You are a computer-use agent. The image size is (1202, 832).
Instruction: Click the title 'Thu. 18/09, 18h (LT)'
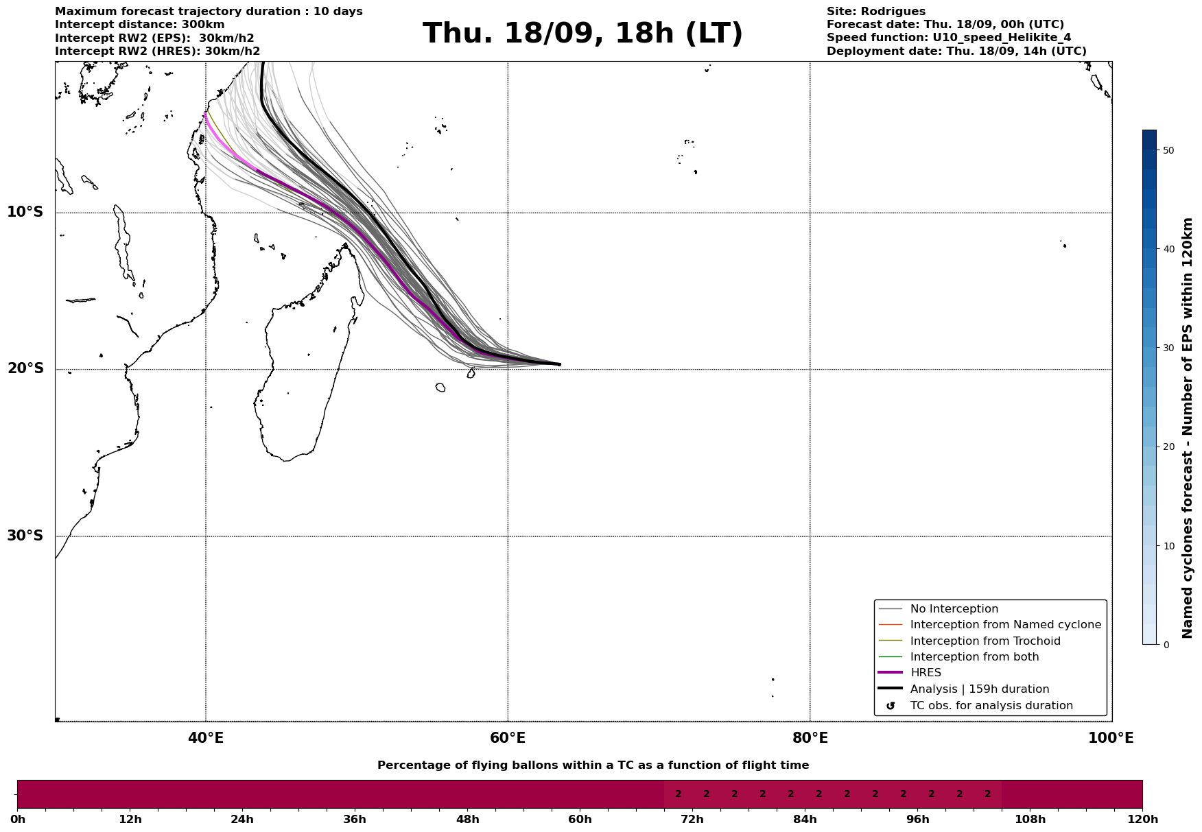[582, 34]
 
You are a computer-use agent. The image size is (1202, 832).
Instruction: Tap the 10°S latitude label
[25, 212]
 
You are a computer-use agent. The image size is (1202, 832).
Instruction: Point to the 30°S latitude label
[25, 536]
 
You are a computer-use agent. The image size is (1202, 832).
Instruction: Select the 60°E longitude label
[508, 738]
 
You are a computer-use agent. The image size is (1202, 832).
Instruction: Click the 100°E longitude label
[1111, 738]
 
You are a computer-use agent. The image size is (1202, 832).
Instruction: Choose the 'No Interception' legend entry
[954, 609]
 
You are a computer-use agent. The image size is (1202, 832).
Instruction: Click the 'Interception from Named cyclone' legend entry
[1005, 625]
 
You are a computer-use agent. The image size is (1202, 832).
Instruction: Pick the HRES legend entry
[926, 673]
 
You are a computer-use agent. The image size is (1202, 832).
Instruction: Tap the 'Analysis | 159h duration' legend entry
[979, 689]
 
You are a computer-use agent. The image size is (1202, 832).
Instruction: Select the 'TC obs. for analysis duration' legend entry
[991, 706]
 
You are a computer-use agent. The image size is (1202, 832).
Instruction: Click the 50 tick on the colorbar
[1169, 150]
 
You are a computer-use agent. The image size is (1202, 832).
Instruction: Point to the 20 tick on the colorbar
[1169, 447]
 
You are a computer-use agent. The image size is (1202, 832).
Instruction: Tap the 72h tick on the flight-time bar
[692, 820]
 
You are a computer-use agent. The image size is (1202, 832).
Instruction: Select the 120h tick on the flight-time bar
[1142, 820]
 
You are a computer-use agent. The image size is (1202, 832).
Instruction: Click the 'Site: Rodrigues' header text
[875, 12]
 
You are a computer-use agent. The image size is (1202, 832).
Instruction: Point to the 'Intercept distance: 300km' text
[139, 25]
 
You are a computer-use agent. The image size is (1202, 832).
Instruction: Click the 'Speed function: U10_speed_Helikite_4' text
[948, 38]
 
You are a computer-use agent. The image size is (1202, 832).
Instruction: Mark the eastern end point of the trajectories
[560, 364]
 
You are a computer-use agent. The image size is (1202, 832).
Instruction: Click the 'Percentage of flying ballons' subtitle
[593, 765]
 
